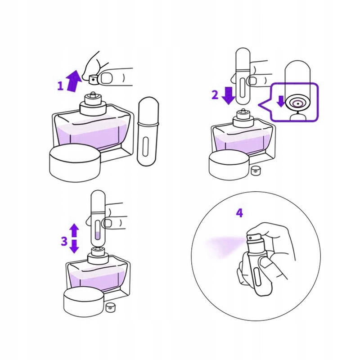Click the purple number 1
(x=60, y=86)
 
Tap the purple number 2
(x=215, y=95)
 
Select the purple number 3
(x=64, y=241)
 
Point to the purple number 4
(x=239, y=213)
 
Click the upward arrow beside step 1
(x=73, y=81)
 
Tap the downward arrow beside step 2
(x=229, y=95)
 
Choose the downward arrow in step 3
(x=74, y=246)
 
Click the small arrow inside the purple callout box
(x=281, y=102)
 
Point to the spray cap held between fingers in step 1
(x=94, y=80)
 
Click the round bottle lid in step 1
(x=75, y=163)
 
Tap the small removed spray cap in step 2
(x=255, y=171)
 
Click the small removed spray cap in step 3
(x=110, y=308)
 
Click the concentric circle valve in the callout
(x=298, y=104)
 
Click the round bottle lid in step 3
(x=84, y=301)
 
